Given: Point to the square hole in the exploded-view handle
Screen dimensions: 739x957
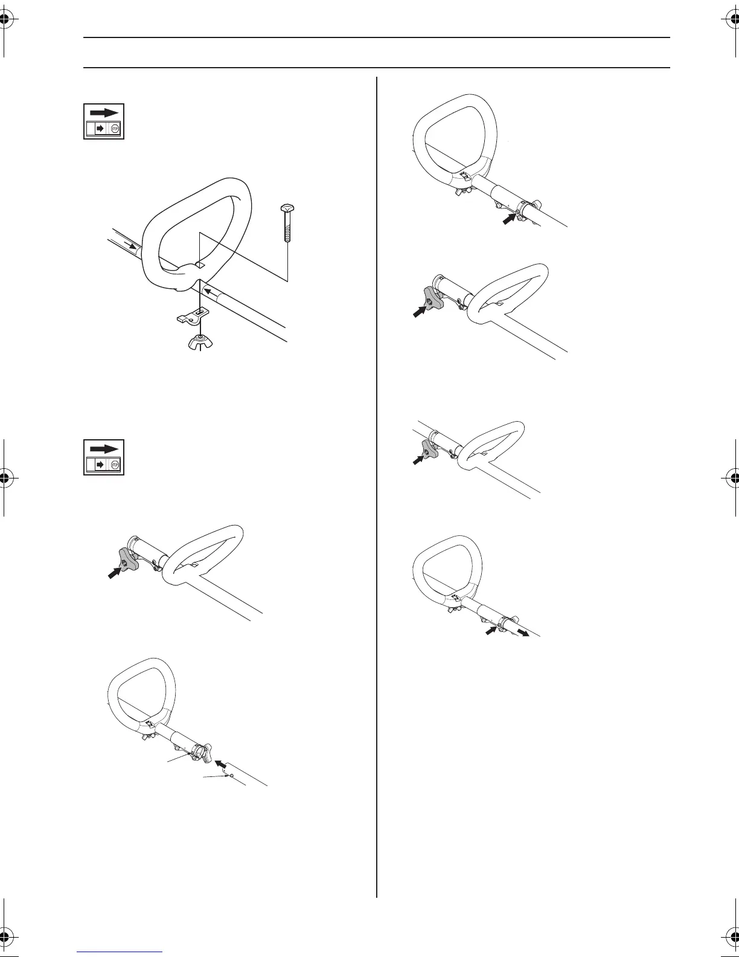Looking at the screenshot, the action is pyautogui.click(x=201, y=265).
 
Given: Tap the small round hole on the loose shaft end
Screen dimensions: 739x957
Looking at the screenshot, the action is pyautogui.click(x=232, y=774).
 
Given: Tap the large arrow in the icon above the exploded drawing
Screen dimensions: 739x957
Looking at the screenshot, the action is pyautogui.click(x=104, y=112).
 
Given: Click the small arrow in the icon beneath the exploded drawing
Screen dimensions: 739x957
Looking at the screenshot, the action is pyautogui.click(x=100, y=465).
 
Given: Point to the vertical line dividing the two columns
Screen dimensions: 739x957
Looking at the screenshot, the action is pyautogui.click(x=377, y=483).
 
